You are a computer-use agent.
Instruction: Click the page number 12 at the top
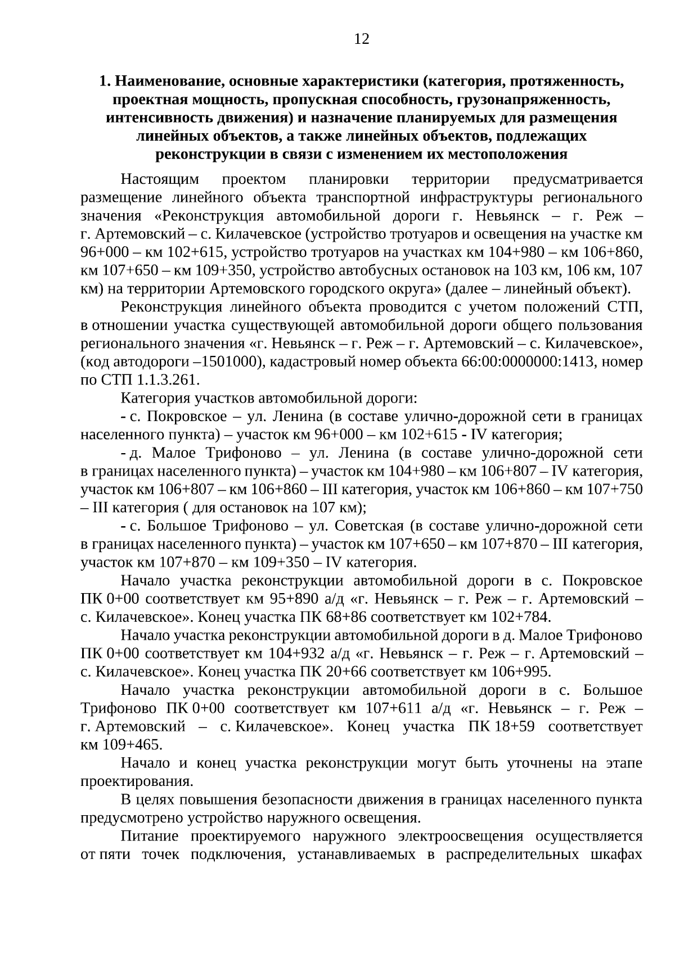point(362,39)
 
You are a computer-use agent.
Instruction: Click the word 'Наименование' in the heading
point(165,82)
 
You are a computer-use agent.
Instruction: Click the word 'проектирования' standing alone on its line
point(137,781)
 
